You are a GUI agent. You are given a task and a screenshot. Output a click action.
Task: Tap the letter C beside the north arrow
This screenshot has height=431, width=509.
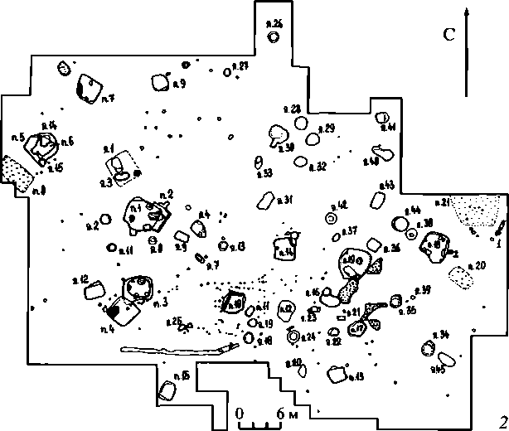[449, 35]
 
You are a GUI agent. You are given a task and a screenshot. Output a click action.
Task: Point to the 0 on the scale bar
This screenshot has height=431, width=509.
[240, 413]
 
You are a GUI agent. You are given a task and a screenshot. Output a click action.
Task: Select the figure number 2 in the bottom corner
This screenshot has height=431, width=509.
[502, 420]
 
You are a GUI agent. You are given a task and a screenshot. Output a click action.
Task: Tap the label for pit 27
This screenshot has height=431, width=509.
[241, 65]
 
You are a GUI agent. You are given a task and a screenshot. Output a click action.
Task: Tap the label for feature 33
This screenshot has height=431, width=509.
[265, 173]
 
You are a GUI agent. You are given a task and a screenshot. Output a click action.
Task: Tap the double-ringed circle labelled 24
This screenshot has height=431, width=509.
[292, 337]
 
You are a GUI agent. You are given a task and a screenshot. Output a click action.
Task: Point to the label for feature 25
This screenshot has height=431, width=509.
[174, 322]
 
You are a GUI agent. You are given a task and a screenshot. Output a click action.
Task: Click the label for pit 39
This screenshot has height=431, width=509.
[422, 289]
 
